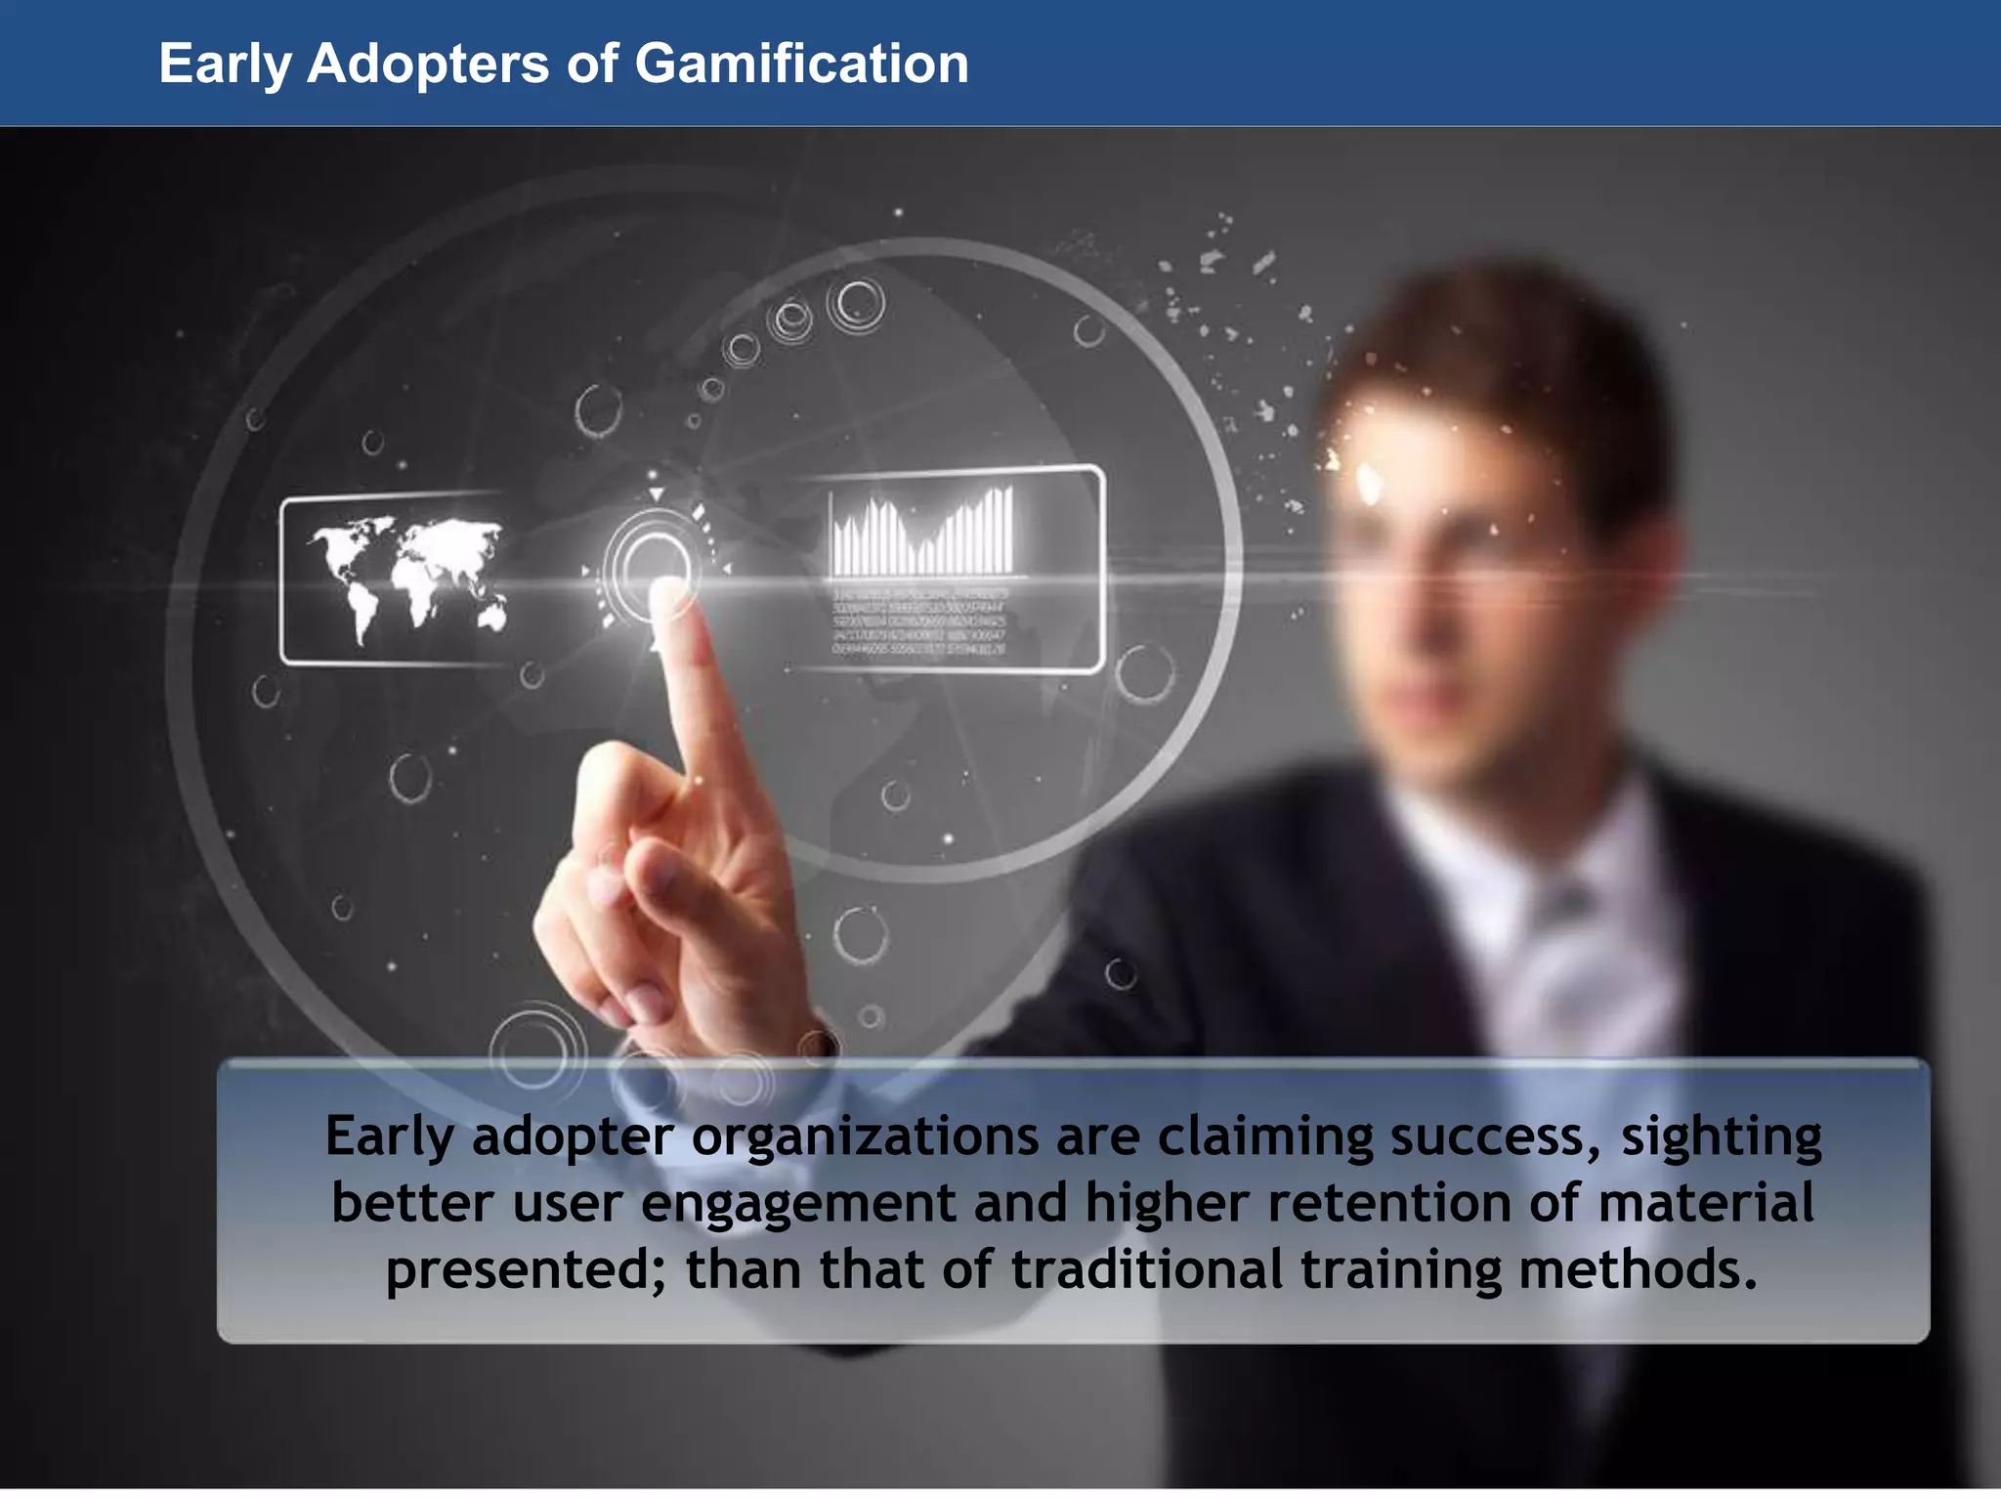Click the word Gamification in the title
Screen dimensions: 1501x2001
[x=801, y=64]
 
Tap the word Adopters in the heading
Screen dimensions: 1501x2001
[x=428, y=64]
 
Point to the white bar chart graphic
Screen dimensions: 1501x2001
[x=922, y=533]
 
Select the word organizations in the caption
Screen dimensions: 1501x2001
[x=865, y=1136]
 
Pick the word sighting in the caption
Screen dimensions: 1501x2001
[x=1722, y=1136]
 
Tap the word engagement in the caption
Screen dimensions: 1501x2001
[x=798, y=1203]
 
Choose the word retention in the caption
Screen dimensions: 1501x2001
[x=1389, y=1203]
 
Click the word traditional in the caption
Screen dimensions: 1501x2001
[x=1146, y=1269]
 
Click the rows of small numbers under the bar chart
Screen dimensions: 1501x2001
[x=918, y=622]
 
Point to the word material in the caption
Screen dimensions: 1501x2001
[x=1706, y=1203]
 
